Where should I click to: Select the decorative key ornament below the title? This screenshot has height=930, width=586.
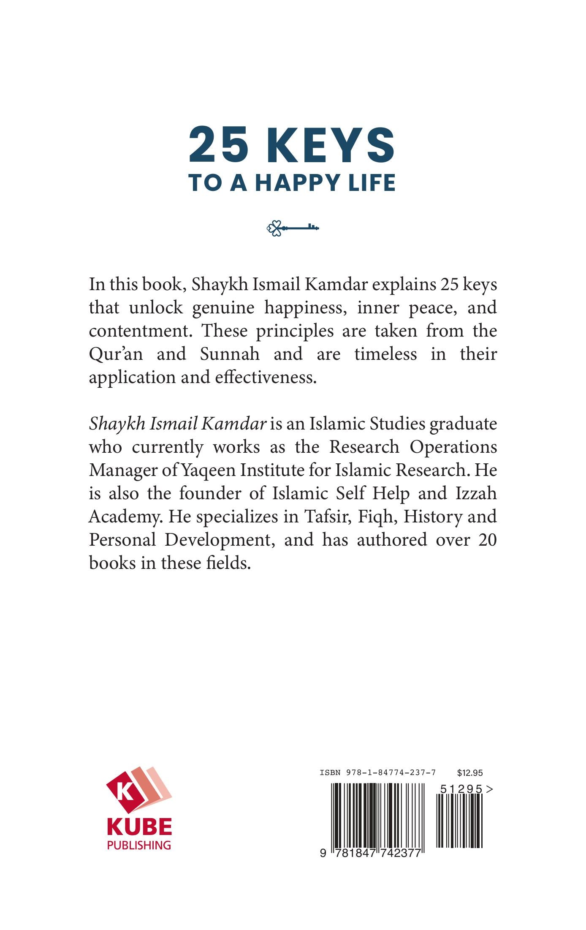tap(293, 228)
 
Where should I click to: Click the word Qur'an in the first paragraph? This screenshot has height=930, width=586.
tap(116, 354)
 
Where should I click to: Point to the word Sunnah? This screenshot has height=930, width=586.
tap(229, 354)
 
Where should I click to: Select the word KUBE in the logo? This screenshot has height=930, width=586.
tap(139, 827)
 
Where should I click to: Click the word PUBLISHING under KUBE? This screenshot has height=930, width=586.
tap(139, 845)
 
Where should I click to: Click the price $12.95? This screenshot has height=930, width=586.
tap(469, 773)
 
